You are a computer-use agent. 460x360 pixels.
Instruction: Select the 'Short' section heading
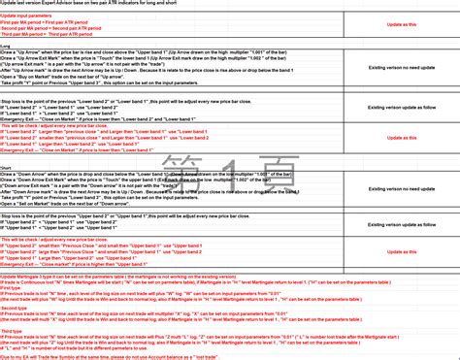coord(7,166)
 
